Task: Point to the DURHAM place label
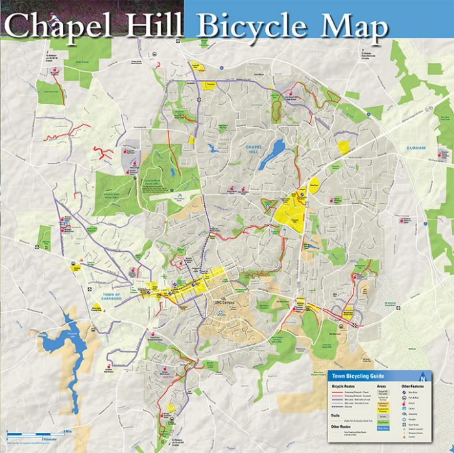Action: (416, 148)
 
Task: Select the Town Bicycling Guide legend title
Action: (358, 376)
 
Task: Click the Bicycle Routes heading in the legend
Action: (344, 386)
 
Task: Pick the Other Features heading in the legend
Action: (413, 386)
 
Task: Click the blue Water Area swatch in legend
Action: (383, 428)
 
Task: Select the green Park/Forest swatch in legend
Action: (383, 421)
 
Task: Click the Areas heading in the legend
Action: (381, 386)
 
